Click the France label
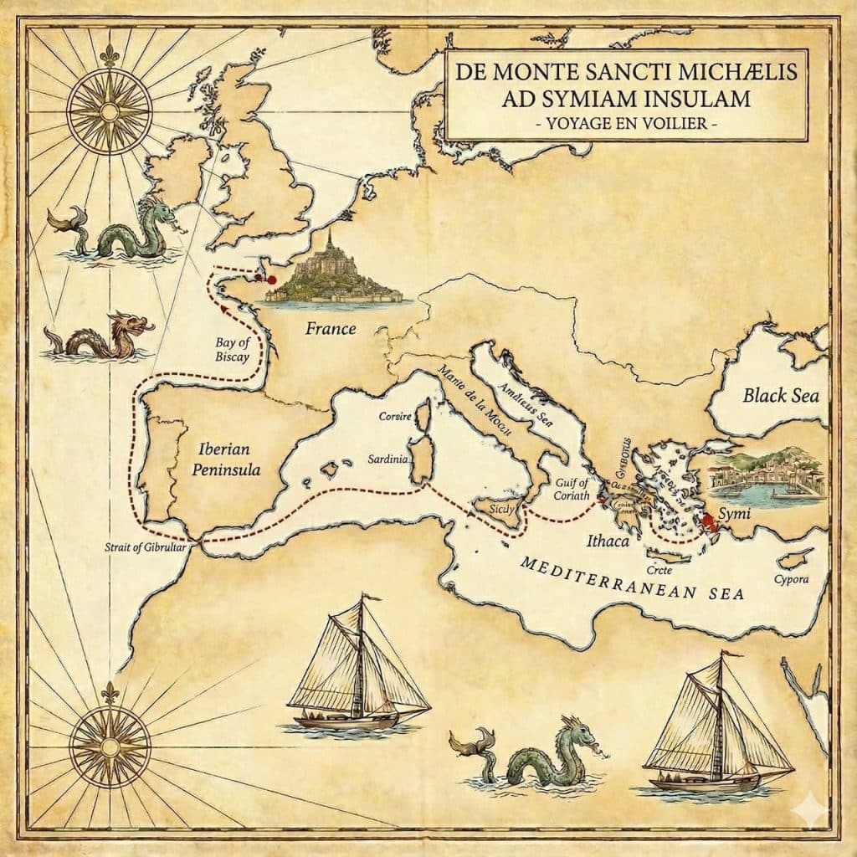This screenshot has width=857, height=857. (x=330, y=329)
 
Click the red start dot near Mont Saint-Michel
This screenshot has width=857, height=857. (x=270, y=279)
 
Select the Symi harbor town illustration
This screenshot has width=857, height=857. (x=767, y=475)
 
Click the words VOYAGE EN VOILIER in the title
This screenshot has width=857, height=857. (x=626, y=125)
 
